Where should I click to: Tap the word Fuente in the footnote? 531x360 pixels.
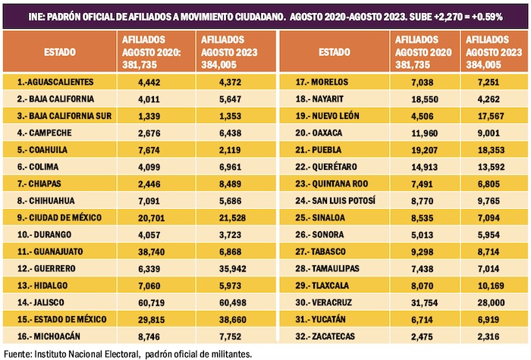tap(18, 353)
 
